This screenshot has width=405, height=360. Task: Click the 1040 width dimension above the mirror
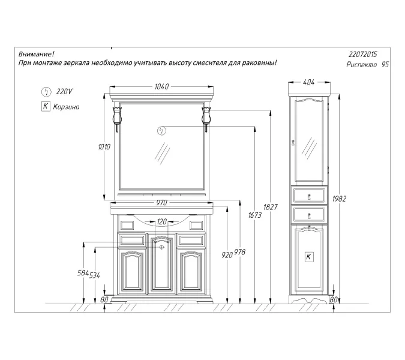tap(161, 87)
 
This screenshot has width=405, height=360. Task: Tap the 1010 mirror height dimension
tap(105, 147)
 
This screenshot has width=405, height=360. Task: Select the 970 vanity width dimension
tap(161, 203)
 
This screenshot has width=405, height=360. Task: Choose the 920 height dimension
tap(227, 254)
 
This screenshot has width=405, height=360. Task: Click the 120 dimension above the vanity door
tap(161, 222)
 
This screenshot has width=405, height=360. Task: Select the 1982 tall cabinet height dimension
tap(339, 199)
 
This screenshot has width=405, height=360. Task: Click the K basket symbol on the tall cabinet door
tap(308, 256)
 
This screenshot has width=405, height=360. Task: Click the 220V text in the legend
tap(63, 92)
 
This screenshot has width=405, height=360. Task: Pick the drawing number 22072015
tap(364, 54)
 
